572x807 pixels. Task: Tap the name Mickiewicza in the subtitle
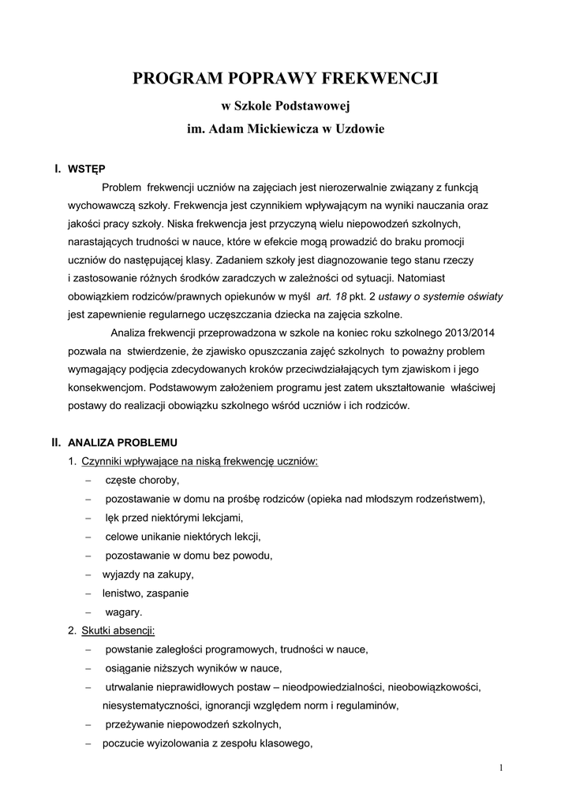278,128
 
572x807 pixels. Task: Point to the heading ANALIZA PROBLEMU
123,442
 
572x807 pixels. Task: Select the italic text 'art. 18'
331,296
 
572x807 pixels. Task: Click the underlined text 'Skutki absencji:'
118,630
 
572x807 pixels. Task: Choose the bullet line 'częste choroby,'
142,480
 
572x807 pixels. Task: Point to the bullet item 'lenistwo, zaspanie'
146,593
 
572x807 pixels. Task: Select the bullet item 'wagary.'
124,612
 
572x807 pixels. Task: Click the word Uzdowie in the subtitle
361,128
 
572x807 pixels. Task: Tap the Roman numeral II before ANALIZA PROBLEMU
57,442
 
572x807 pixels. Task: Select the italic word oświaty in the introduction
482,296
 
